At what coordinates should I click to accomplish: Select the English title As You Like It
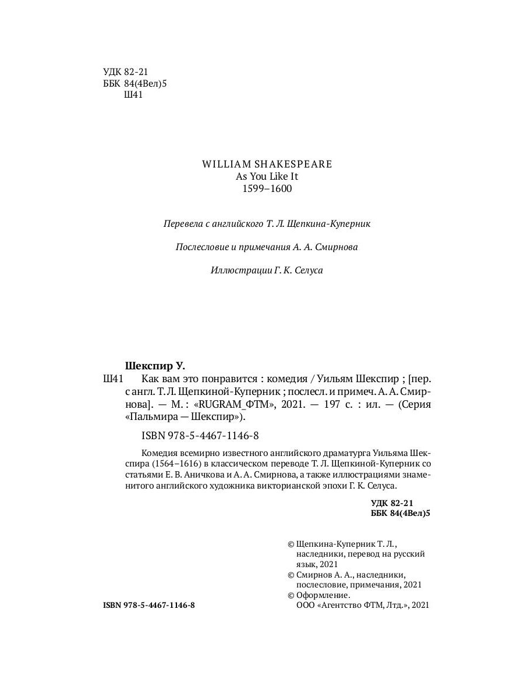pos(267,176)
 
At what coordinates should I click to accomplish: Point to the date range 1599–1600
pos(267,189)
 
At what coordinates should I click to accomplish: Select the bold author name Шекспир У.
pos(155,366)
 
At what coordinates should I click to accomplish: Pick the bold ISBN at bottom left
pos(148,605)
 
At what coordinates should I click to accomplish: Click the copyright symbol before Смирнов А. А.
pos(291,575)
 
